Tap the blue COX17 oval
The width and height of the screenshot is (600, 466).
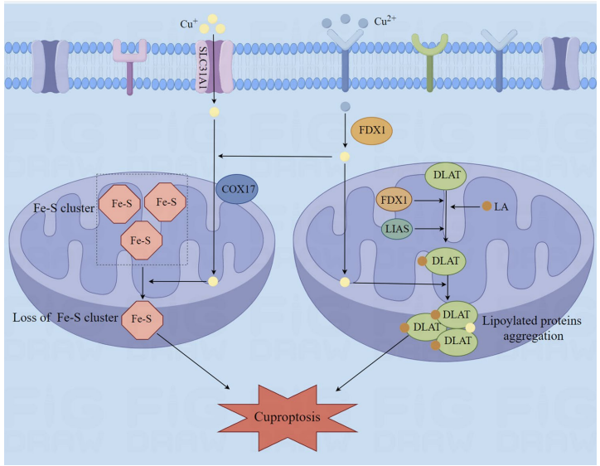(x=238, y=189)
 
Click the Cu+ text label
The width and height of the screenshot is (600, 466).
(x=189, y=23)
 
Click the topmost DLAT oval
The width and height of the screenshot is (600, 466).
(x=446, y=176)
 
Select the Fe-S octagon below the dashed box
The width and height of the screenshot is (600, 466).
(x=143, y=318)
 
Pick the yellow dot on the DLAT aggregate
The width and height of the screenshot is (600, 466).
(x=471, y=327)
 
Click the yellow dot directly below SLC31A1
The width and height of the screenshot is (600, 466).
(x=215, y=111)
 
